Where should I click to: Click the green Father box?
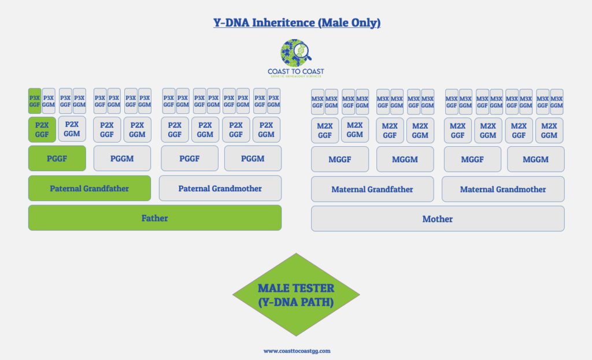(154, 218)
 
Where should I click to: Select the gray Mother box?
(437, 218)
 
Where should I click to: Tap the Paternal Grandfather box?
(89, 188)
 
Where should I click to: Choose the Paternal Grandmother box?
(220, 188)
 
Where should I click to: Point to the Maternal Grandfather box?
(372, 189)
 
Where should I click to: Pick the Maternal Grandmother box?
(502, 189)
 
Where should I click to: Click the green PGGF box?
(57, 158)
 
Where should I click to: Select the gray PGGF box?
(189, 158)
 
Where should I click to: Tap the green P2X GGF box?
(42, 129)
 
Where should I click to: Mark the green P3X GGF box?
(34, 101)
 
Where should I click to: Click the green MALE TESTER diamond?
(295, 294)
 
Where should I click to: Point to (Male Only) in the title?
(351, 23)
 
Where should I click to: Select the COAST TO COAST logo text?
(295, 72)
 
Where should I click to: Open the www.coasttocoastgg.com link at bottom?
(297, 350)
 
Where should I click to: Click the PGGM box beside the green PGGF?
(122, 158)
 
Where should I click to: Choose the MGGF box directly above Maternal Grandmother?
(472, 159)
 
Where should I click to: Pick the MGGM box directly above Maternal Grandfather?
(405, 159)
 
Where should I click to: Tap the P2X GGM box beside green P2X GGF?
(72, 129)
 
